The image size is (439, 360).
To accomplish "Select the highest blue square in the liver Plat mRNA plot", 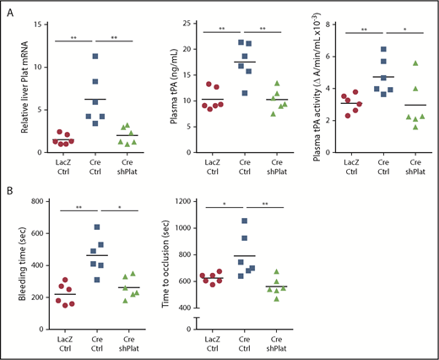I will [x=95, y=57].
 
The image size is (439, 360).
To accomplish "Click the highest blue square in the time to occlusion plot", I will [x=246, y=221].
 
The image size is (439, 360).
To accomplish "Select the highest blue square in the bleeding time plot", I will [x=95, y=227].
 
